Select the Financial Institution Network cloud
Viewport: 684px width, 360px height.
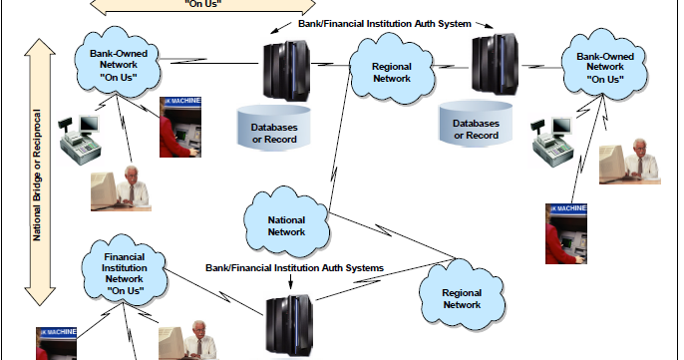125,272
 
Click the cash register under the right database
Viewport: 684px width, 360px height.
551,147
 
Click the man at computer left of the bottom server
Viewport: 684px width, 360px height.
189,340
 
